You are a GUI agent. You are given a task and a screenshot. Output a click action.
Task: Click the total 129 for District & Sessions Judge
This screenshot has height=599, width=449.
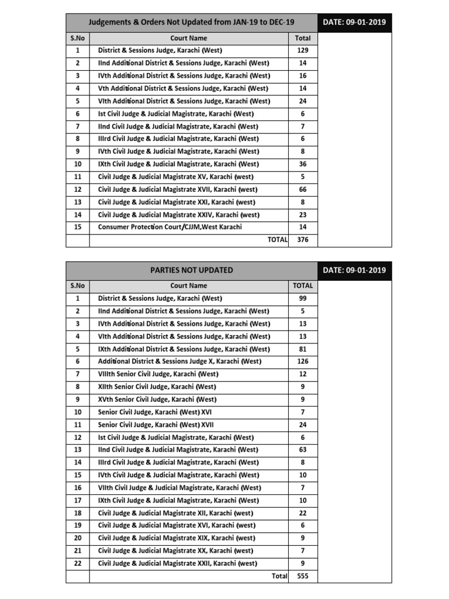(x=302, y=51)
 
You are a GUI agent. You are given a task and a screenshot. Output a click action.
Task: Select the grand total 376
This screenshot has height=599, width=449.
(x=302, y=239)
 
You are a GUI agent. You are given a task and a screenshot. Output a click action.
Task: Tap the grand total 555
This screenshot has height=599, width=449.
(x=302, y=576)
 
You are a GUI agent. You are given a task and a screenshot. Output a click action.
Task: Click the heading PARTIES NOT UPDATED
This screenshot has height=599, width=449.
(x=191, y=270)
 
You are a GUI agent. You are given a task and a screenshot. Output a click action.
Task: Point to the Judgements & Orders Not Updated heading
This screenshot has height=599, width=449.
(x=191, y=23)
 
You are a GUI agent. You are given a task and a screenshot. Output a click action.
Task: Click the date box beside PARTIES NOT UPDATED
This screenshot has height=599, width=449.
(x=354, y=270)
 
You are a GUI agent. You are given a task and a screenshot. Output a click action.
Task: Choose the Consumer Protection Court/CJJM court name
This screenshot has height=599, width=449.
(x=170, y=227)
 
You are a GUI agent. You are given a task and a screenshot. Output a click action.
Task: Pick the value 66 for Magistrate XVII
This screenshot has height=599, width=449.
(x=302, y=190)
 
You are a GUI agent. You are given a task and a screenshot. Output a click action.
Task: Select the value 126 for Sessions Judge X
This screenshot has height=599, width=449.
(x=302, y=362)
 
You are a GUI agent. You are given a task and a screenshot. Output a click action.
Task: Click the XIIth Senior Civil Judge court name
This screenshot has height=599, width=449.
(x=157, y=387)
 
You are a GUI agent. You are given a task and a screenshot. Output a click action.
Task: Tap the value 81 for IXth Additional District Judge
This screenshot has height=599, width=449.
(x=302, y=349)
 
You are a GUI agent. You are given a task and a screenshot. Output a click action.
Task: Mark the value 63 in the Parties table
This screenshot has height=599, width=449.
(x=302, y=450)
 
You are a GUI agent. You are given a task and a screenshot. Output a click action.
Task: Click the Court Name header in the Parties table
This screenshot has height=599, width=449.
(x=188, y=286)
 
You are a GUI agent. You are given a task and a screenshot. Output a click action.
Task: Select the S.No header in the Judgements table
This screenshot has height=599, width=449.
(x=77, y=38)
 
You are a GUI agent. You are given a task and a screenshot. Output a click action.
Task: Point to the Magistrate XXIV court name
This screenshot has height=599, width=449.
(x=177, y=215)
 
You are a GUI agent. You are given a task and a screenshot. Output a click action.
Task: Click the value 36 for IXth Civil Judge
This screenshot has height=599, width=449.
(x=302, y=164)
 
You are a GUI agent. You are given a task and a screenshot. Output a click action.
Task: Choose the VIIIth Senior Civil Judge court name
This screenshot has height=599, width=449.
(x=157, y=374)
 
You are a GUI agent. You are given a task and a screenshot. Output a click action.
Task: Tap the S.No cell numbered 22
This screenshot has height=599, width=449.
(x=77, y=564)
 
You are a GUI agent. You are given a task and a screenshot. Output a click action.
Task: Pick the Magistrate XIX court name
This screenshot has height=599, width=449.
(x=175, y=538)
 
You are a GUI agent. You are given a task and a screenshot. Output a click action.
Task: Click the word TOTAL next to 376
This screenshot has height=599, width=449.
(x=277, y=239)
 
